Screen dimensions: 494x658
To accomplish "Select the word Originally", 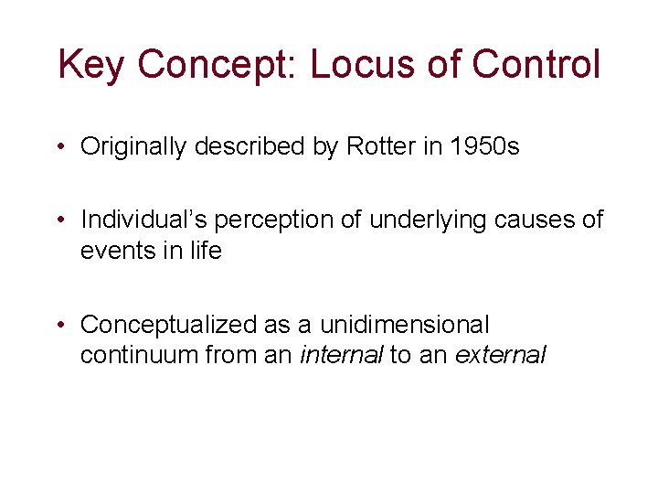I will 133,146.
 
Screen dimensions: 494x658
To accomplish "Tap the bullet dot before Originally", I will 59,146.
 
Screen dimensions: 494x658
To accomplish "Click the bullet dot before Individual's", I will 59,220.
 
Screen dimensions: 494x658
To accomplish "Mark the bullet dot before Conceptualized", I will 59,325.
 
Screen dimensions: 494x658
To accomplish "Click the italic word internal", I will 341,355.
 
